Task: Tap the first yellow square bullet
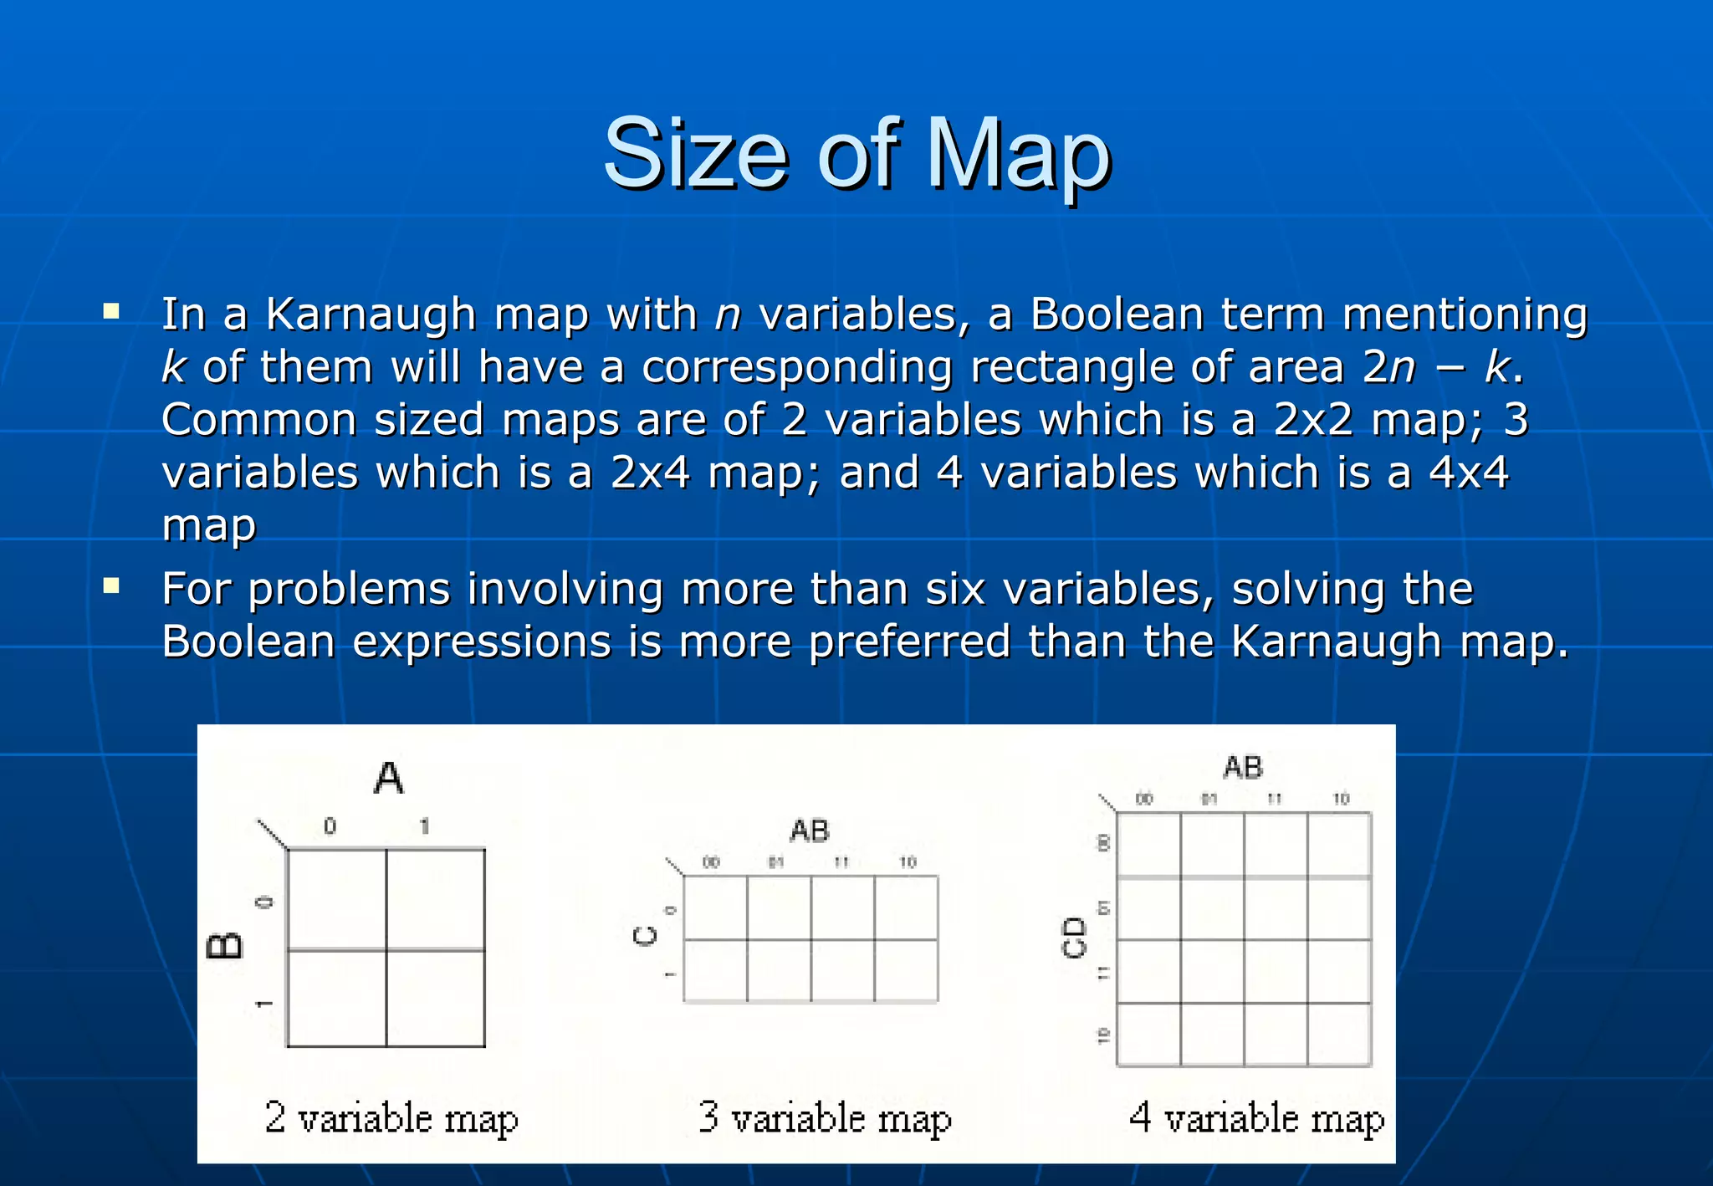[x=111, y=313]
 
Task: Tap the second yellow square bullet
[x=111, y=586]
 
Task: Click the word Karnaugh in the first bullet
[x=371, y=315]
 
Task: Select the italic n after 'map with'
[x=728, y=315]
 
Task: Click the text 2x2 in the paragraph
[x=1314, y=420]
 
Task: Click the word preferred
[x=910, y=642]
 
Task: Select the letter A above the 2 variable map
[x=388, y=778]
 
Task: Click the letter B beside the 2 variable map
[x=224, y=945]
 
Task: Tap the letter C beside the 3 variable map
[x=646, y=936]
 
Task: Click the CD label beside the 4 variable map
[x=1073, y=938]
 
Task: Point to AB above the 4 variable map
[x=1243, y=767]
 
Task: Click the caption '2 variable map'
[x=391, y=1118]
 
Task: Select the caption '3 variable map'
[x=825, y=1118]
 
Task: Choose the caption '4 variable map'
[x=1256, y=1118]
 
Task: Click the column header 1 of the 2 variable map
[x=425, y=826]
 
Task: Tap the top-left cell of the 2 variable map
[x=336, y=899]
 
